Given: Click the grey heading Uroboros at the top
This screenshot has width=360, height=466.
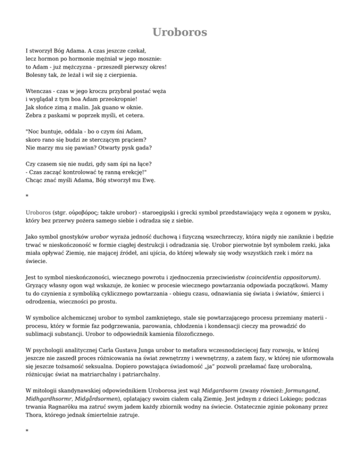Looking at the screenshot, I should tap(180, 32).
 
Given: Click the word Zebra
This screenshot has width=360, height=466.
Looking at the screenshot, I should tap(35, 115).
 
